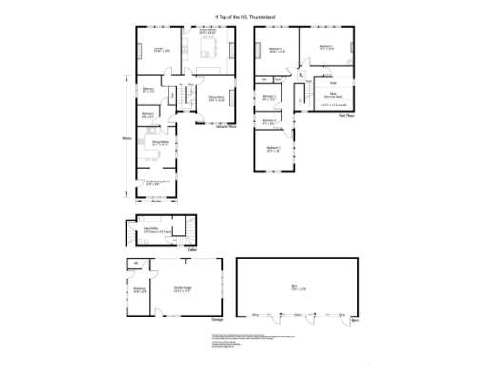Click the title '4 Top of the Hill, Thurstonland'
point(243,11)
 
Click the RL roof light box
point(301,74)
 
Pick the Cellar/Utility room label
point(150,231)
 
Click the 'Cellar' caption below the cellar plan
point(190,249)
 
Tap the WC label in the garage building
point(136,263)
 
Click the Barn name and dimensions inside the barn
point(294,288)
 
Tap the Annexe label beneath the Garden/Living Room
point(158,201)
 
